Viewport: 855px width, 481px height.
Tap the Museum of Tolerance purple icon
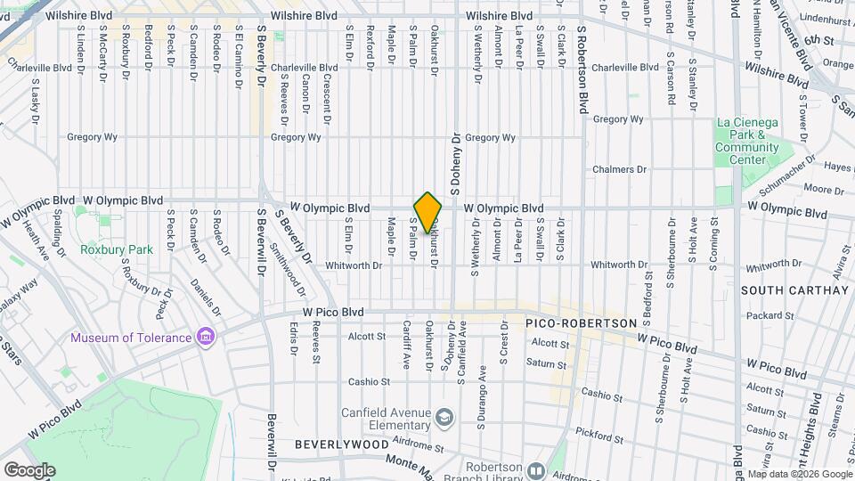[x=206, y=337]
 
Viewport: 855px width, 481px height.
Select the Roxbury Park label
[x=116, y=249]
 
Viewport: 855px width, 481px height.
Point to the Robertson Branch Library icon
[x=535, y=470]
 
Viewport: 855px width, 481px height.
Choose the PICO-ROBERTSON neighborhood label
[x=581, y=322]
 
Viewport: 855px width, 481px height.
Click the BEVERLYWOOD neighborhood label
[x=332, y=443]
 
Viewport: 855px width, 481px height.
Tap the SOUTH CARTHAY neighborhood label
[x=794, y=290]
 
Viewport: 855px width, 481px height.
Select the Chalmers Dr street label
[x=620, y=169]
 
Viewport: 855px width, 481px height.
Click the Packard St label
[x=763, y=315]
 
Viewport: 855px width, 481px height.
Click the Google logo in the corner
[x=28, y=469]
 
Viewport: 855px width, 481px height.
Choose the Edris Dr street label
[x=293, y=339]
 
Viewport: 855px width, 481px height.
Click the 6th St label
[x=818, y=40]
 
